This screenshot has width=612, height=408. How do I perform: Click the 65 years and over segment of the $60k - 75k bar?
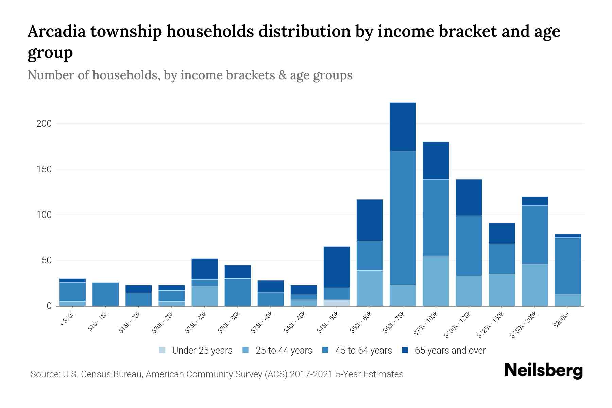pyautogui.click(x=403, y=126)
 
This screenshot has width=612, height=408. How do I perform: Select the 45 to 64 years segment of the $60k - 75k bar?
pyautogui.click(x=403, y=218)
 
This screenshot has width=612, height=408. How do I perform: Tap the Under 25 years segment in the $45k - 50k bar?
pyautogui.click(x=337, y=303)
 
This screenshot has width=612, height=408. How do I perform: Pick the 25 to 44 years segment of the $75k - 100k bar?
pyautogui.click(x=436, y=281)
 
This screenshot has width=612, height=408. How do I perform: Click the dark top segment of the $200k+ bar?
pyautogui.click(x=568, y=236)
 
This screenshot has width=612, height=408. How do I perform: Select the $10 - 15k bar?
pyautogui.click(x=105, y=294)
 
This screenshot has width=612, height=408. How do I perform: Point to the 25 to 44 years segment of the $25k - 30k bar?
pyautogui.click(x=205, y=296)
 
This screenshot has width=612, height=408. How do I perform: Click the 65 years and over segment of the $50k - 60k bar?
pyautogui.click(x=370, y=220)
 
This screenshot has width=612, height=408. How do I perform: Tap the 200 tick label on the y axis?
pyautogui.click(x=44, y=124)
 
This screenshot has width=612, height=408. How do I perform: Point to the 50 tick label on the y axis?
pyautogui.click(x=46, y=261)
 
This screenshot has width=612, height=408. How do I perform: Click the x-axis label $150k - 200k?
pyautogui.click(x=524, y=325)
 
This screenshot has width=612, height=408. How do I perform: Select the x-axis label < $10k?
pyautogui.click(x=67, y=319)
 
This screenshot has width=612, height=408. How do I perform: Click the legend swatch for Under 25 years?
pyautogui.click(x=163, y=350)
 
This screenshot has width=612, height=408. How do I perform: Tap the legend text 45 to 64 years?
pyautogui.click(x=363, y=351)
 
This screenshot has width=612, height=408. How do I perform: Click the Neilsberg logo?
pyautogui.click(x=543, y=371)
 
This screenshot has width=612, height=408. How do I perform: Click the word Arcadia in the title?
pyautogui.click(x=57, y=32)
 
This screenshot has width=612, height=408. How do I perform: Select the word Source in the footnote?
pyautogui.click(x=45, y=374)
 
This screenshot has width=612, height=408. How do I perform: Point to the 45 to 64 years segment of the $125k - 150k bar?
pyautogui.click(x=502, y=259)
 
